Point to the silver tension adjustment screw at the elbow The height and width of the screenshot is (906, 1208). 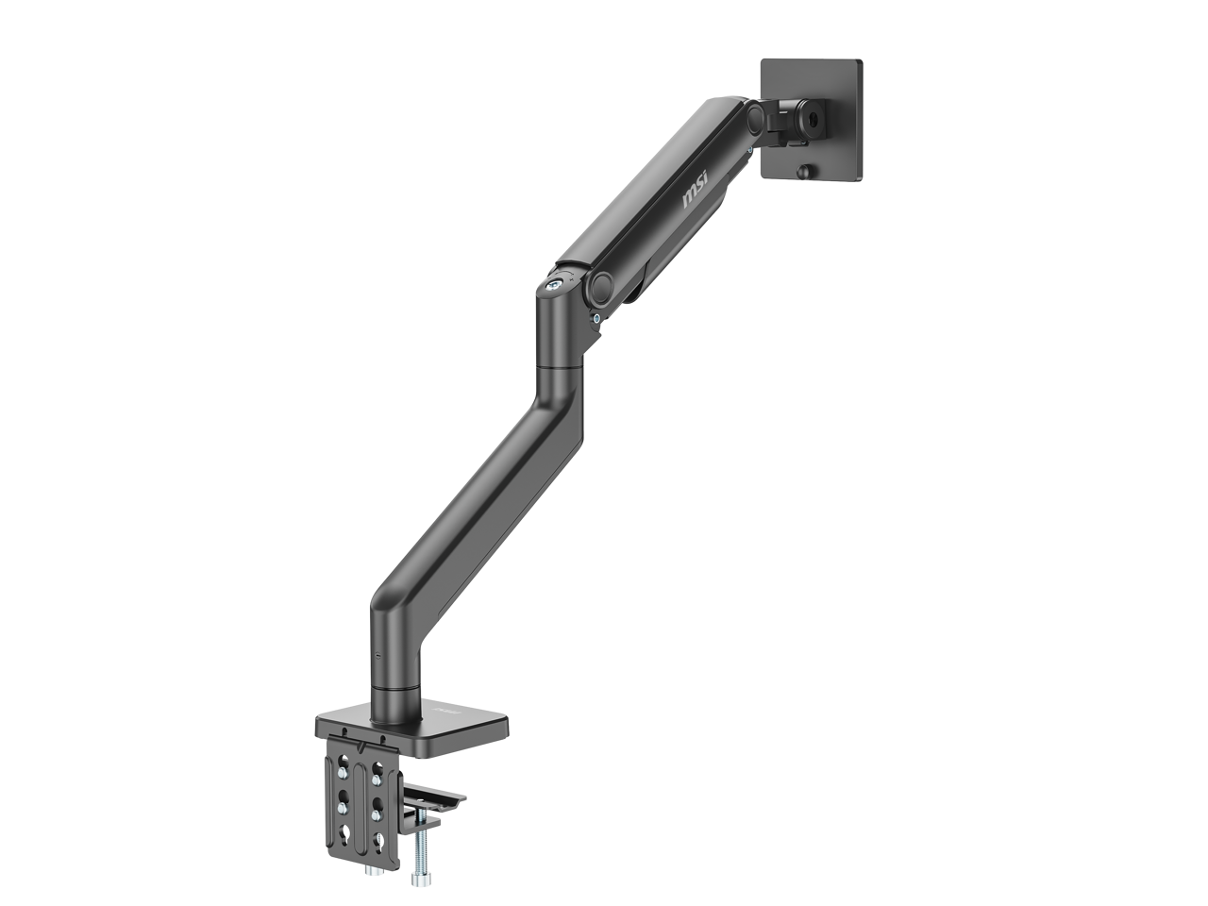click(x=556, y=281)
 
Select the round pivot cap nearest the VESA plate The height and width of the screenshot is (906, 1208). click(x=754, y=116)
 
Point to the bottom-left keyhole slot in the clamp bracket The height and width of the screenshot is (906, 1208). click(x=342, y=836)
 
